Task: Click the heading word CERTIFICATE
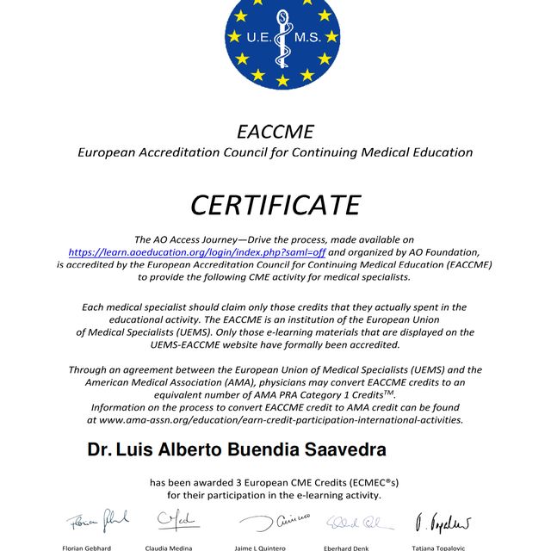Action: (275, 205)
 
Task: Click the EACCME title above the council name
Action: (275, 132)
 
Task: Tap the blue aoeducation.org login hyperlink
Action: (197, 252)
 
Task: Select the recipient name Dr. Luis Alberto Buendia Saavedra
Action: (237, 449)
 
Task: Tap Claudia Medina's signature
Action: (177, 520)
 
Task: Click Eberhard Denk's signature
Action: (360, 522)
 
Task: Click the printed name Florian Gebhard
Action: (87, 548)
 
